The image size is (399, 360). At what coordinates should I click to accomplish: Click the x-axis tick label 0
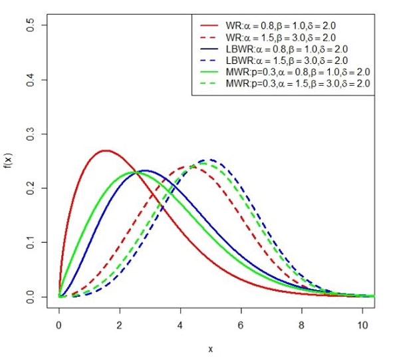click(x=59, y=326)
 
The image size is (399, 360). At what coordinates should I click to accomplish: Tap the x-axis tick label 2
click(x=120, y=326)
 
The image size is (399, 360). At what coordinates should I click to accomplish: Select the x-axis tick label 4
click(x=180, y=326)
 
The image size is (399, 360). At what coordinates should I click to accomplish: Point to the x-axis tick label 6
click(x=241, y=326)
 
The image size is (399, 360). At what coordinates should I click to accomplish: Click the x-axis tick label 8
click(x=301, y=326)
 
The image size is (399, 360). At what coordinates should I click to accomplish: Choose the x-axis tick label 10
click(x=362, y=326)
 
